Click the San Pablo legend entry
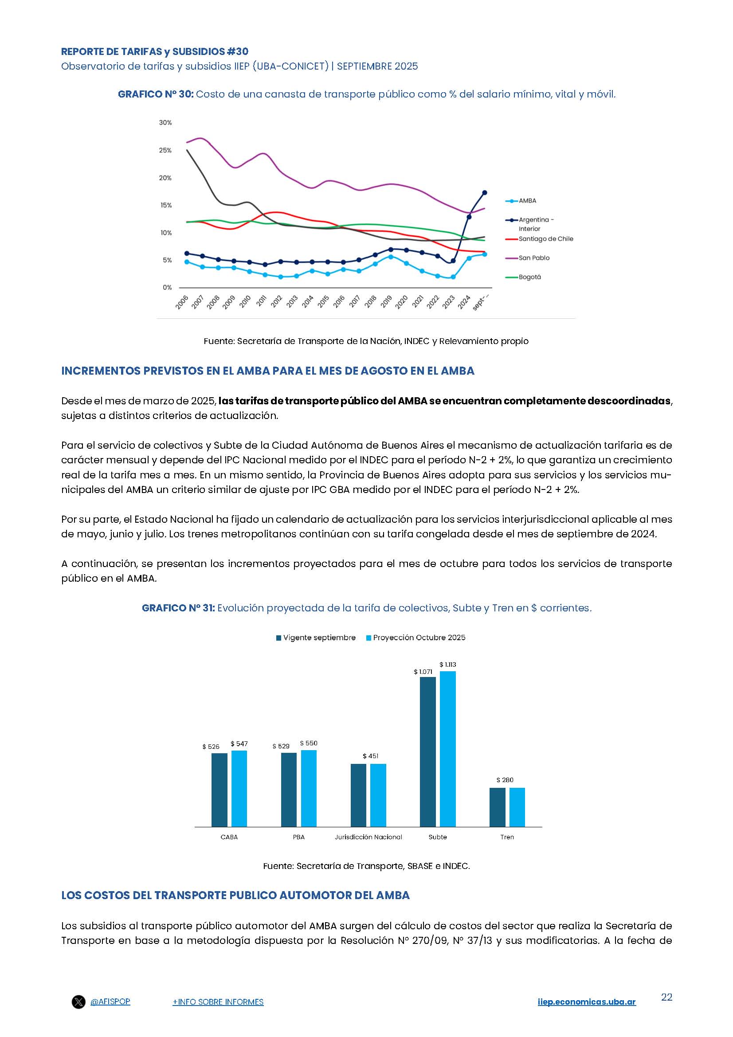click(x=533, y=258)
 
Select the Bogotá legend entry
click(x=529, y=277)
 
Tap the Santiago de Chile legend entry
click(x=545, y=239)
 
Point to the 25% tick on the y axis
click(x=165, y=150)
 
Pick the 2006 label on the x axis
click(x=182, y=302)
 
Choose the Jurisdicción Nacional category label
click(x=368, y=837)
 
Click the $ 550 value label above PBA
click(x=309, y=743)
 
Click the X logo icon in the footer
click(x=78, y=1014)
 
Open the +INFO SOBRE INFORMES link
click(x=218, y=1014)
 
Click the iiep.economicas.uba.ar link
click(x=586, y=1014)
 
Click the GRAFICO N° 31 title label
click(x=178, y=608)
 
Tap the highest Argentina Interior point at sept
click(x=485, y=193)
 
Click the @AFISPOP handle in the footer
click(x=110, y=1014)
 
